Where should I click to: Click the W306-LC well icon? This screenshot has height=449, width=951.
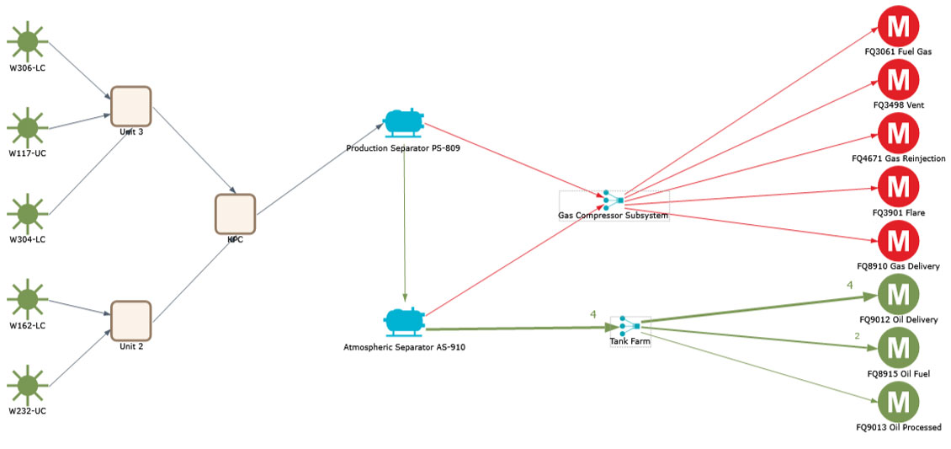(28, 41)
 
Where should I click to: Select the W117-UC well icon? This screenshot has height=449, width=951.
(28, 127)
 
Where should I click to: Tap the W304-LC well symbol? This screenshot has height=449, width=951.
(28, 213)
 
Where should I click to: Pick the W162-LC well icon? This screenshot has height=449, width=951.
(28, 298)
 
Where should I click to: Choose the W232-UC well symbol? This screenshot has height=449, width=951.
(28, 384)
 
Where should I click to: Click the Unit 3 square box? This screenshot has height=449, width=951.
(130, 106)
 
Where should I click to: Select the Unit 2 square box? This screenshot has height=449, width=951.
(130, 321)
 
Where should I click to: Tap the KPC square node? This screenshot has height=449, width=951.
(235, 213)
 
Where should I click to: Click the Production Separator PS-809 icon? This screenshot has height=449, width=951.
(403, 123)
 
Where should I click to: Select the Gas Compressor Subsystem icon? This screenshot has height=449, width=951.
(613, 200)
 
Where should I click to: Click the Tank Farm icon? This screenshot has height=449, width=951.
(630, 325)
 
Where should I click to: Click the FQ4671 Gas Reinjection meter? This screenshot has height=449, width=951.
(898, 133)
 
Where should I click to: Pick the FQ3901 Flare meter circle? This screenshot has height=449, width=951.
(898, 187)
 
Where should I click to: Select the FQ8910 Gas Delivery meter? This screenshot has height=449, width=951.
(898, 241)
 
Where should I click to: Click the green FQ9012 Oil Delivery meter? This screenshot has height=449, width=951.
(898, 295)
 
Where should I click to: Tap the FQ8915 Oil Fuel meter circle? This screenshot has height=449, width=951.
(898, 348)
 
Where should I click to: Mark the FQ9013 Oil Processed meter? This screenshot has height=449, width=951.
(898, 402)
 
